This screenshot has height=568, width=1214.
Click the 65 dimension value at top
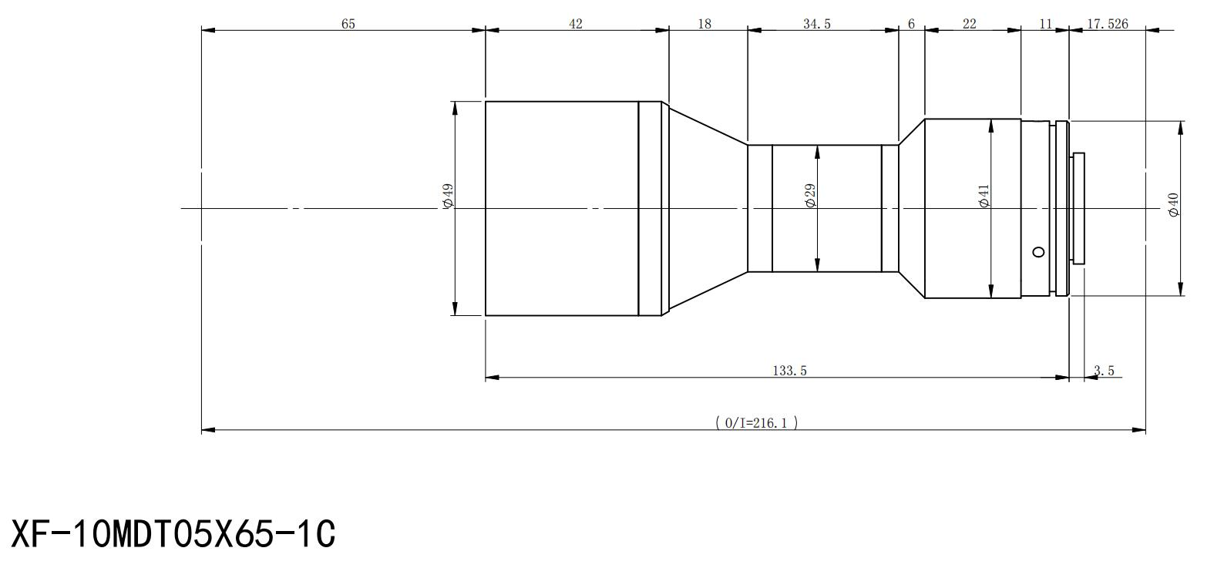348,24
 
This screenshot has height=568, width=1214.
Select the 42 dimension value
576,24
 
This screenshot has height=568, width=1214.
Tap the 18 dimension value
705,24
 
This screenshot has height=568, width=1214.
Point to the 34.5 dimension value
817,24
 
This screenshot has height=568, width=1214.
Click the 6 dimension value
911,24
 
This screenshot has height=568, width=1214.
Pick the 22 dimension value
969,24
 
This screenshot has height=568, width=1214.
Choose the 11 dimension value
1045,24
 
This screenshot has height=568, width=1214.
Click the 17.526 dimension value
1107,24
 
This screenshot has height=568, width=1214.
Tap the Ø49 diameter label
448,196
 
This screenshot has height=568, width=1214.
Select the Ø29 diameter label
810,195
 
